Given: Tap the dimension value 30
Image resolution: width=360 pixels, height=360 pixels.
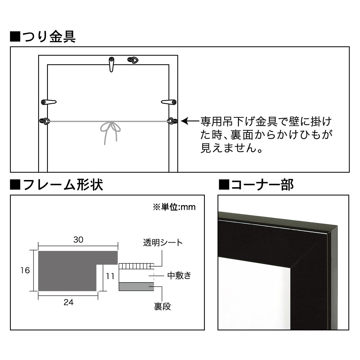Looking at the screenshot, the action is pos(78,240).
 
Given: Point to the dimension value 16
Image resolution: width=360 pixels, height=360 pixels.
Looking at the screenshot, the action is pos(25,270).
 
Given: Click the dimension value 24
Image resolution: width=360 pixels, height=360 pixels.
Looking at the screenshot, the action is pos(68,302).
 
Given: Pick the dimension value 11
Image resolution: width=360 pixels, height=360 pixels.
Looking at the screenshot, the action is pos(110,276).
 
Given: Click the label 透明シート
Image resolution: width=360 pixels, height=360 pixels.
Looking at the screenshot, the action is pos(163,242).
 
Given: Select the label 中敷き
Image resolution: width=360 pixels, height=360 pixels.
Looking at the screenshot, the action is pos(179,275).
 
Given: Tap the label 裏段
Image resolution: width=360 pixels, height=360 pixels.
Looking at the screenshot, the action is pos(163,306).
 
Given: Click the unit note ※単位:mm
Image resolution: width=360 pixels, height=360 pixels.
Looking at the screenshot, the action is pos(174,207).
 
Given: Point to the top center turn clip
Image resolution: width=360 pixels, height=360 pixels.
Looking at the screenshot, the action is pos(111,64).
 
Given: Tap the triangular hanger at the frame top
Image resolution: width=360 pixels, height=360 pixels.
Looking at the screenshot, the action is pos(133,60).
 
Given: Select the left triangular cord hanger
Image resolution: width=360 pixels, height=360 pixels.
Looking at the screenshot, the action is pos(45,121).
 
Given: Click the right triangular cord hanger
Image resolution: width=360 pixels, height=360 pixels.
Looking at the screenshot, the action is pos(172,121).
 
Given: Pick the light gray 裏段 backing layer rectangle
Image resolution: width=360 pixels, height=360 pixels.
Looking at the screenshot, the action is pos(136,287).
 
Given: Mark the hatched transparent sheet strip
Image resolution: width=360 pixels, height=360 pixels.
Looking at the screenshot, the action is pos(136,266).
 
